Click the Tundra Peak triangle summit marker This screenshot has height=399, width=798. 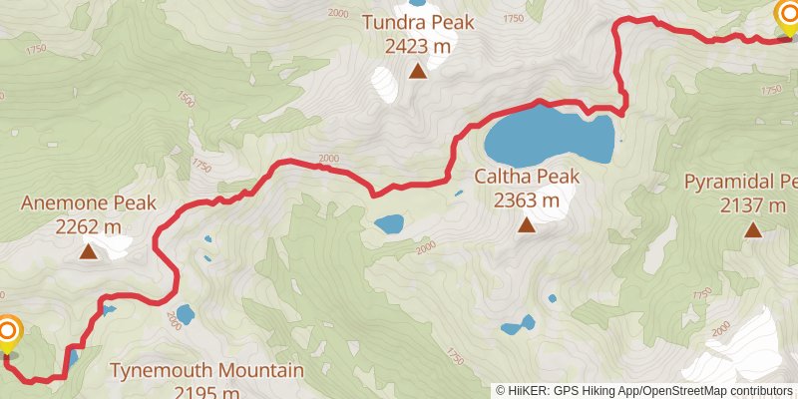coord(418,71)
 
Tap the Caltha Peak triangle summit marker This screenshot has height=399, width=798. coord(526,226)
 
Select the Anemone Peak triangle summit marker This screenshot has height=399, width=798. coord(89,252)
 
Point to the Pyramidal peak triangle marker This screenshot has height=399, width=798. coord(753,230)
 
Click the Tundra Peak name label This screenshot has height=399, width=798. coord(417,22)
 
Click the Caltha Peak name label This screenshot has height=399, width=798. coord(527,177)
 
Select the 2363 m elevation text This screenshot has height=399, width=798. coord(527,199)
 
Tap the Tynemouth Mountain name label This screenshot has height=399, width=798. coord(206,371)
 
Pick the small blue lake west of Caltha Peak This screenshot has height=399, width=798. coord(389,223)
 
